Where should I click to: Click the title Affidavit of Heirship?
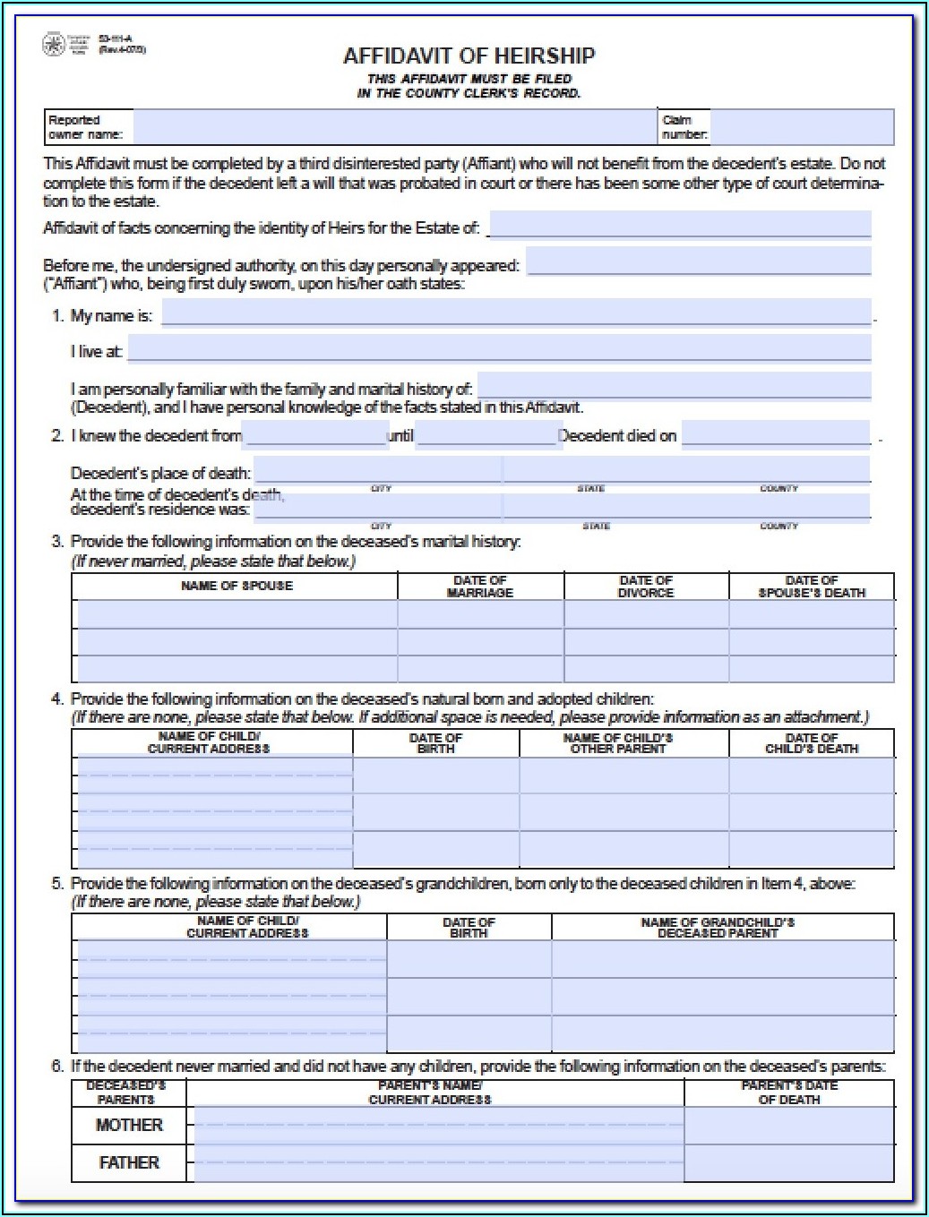[x=469, y=56]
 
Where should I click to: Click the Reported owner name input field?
[x=394, y=127]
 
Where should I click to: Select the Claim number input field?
[x=802, y=127]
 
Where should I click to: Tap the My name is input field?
[x=516, y=313]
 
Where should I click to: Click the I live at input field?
[x=499, y=348]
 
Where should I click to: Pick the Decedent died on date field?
[x=776, y=434]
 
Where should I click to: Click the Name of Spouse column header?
[x=237, y=586]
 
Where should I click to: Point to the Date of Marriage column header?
[x=480, y=587]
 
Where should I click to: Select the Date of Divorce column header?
[x=646, y=587]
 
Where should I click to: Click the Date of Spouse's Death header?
[x=812, y=587]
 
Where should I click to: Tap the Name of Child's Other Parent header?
[x=618, y=742]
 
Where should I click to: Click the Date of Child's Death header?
[x=812, y=742]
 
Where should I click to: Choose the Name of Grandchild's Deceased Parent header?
[x=718, y=927]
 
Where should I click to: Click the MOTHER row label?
[x=129, y=1125]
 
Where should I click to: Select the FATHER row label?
[x=129, y=1162]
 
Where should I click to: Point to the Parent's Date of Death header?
[x=789, y=1093]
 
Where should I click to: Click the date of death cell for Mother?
[x=789, y=1126]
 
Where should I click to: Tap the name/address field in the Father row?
[x=439, y=1163]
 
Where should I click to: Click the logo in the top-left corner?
[x=54, y=44]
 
